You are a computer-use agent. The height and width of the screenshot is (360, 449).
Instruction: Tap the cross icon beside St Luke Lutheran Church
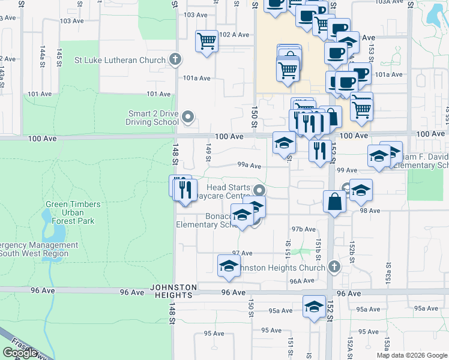click(x=175, y=59)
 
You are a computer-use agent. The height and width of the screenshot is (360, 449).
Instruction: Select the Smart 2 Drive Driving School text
click(x=153, y=118)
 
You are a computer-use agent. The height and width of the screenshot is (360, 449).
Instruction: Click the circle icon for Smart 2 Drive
click(x=188, y=117)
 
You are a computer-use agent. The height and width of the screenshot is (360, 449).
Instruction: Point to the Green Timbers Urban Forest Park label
click(x=74, y=212)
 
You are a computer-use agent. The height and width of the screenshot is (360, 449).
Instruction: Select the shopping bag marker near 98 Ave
click(x=334, y=202)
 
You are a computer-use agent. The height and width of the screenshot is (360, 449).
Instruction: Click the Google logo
click(x=19, y=353)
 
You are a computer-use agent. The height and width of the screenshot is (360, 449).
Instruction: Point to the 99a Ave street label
click(x=249, y=165)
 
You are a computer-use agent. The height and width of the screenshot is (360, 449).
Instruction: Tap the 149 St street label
click(x=209, y=152)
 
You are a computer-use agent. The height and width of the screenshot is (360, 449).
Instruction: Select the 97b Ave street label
click(x=303, y=229)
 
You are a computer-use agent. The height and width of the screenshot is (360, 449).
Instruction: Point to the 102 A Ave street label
click(x=234, y=35)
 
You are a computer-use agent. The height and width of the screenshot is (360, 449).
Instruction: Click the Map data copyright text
click(x=412, y=355)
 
